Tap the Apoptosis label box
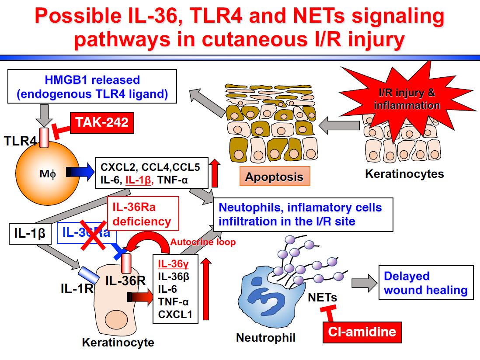tap(274, 177)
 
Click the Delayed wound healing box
tap(425, 283)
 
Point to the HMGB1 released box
tap(92, 87)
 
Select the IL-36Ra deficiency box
tap(143, 214)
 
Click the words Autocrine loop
tap(203, 242)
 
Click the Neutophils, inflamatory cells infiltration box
tap(303, 214)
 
